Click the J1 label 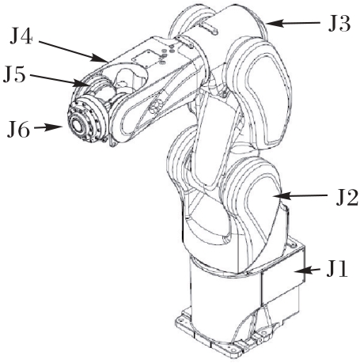[x=337, y=270]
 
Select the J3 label [x=339, y=24]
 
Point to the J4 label [x=21, y=36]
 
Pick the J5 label [x=14, y=74]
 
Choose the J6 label [x=18, y=130]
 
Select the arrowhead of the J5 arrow [x=81, y=83]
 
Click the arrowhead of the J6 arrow [x=55, y=127]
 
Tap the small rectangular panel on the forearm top [x=145, y=58]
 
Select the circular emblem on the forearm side [x=154, y=107]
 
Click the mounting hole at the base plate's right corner [x=263, y=335]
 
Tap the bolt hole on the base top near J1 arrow [x=291, y=245]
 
